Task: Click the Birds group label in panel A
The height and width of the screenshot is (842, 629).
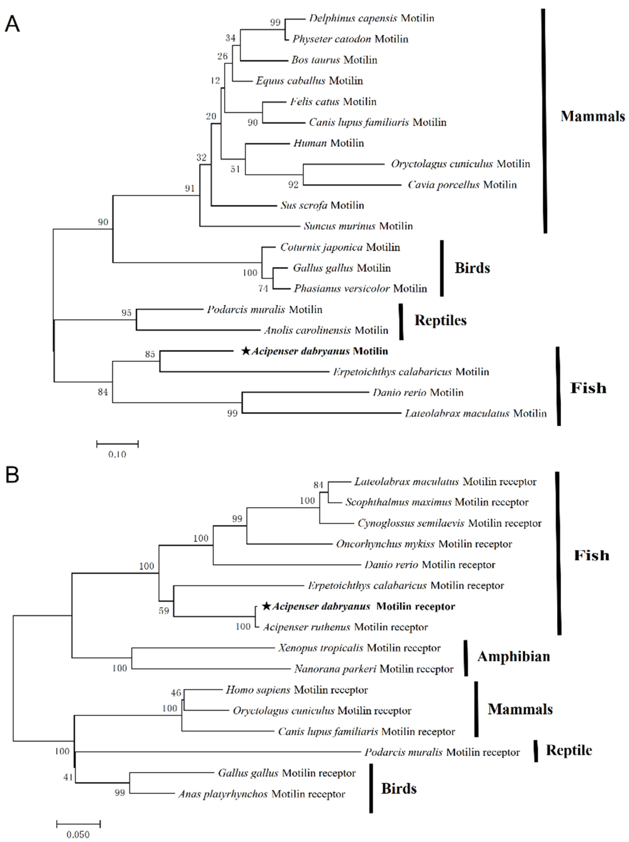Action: pyautogui.click(x=472, y=268)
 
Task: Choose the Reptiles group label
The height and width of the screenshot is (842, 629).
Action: pyautogui.click(x=440, y=320)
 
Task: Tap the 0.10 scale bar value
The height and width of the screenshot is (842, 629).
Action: pyautogui.click(x=117, y=454)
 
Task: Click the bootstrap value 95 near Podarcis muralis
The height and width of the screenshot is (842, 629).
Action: pyautogui.click(x=126, y=312)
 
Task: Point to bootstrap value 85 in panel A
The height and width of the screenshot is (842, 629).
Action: pyautogui.click(x=150, y=354)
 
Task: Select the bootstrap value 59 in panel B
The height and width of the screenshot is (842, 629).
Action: pyautogui.click(x=164, y=611)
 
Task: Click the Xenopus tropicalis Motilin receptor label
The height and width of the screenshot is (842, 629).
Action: pyautogui.click(x=359, y=648)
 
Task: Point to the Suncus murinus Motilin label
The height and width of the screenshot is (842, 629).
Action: pyautogui.click(x=358, y=226)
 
